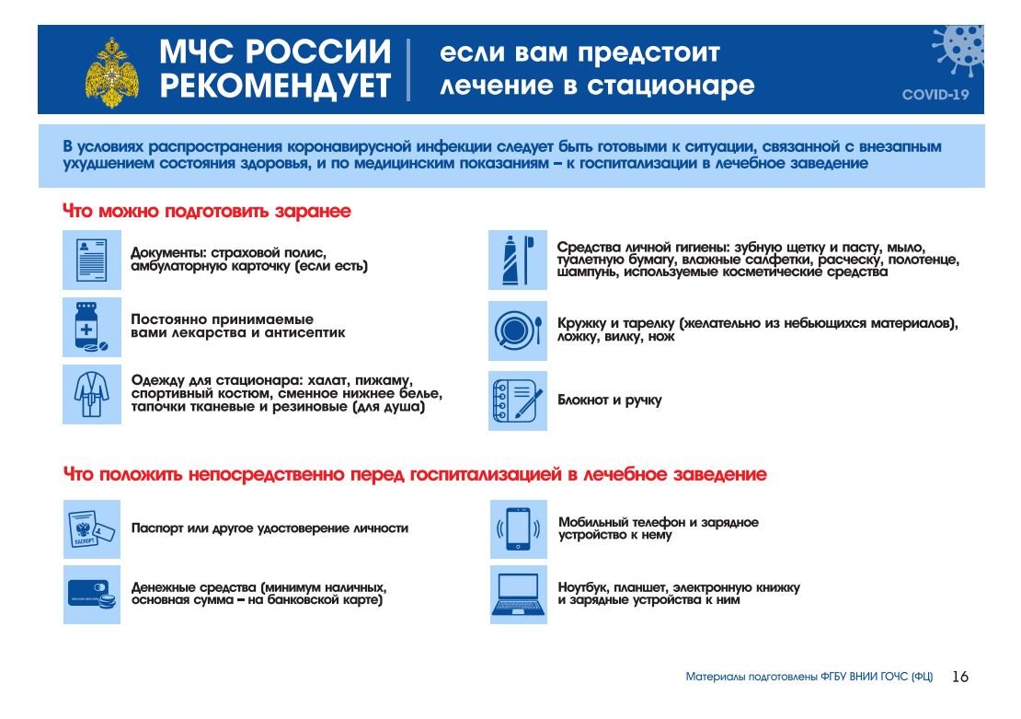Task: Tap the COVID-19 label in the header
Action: click(x=935, y=94)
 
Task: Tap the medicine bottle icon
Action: click(x=92, y=327)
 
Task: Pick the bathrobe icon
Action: click(x=92, y=394)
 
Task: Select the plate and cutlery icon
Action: click(x=517, y=330)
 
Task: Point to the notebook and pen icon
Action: click(x=517, y=400)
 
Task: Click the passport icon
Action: click(x=92, y=528)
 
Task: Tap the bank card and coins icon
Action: click(x=92, y=595)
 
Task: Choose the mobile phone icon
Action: click(x=517, y=528)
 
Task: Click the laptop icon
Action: click(x=517, y=595)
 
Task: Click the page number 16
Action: click(x=959, y=677)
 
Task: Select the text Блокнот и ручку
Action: click(x=609, y=400)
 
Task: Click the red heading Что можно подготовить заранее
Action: click(x=207, y=212)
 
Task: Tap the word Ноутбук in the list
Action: click(x=585, y=587)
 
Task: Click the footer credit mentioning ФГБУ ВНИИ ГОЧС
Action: click(x=809, y=677)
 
